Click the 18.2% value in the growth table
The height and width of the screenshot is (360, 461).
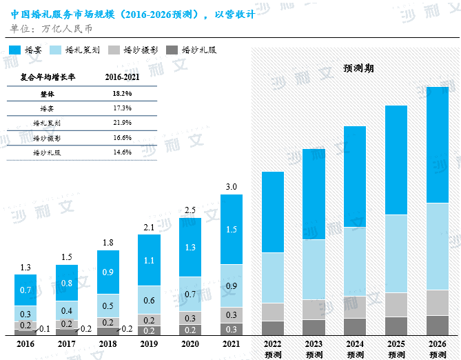(x=122, y=93)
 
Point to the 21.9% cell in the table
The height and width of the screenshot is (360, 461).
(x=122, y=123)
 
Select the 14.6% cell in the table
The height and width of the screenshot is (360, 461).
(x=122, y=152)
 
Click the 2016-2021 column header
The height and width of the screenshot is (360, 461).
(x=122, y=77)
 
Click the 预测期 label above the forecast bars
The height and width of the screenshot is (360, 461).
(x=358, y=68)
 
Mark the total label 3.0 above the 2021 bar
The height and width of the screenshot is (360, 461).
(x=232, y=187)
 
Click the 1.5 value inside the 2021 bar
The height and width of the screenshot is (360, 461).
(x=232, y=229)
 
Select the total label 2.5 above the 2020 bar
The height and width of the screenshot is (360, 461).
(x=190, y=210)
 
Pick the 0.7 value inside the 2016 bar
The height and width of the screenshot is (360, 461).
(x=25, y=290)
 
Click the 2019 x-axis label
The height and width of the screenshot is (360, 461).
(x=149, y=343)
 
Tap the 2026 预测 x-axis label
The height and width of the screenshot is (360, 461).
(x=438, y=348)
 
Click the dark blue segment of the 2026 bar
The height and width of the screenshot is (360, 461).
(x=438, y=144)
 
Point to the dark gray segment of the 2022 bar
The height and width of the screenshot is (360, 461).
(x=273, y=328)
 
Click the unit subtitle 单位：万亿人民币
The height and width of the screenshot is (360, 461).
(x=52, y=29)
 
